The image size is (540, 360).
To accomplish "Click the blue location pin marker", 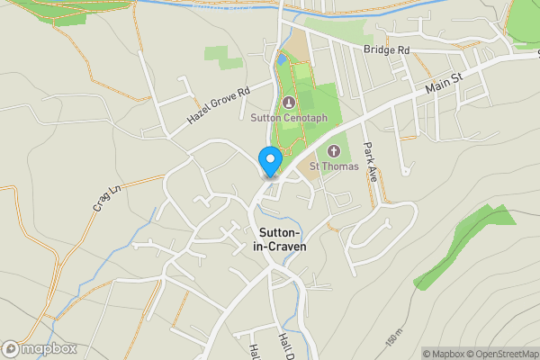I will pyautogui.click(x=269, y=161).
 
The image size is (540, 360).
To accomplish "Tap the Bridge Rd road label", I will pyautogui.click(x=386, y=50).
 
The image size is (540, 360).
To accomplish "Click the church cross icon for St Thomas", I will pyautogui.click(x=334, y=150).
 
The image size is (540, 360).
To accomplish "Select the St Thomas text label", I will pyautogui.click(x=334, y=166).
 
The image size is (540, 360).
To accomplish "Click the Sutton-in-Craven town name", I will pyautogui.click(x=282, y=238).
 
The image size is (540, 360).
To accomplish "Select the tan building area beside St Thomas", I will pyautogui.click(x=309, y=175).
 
